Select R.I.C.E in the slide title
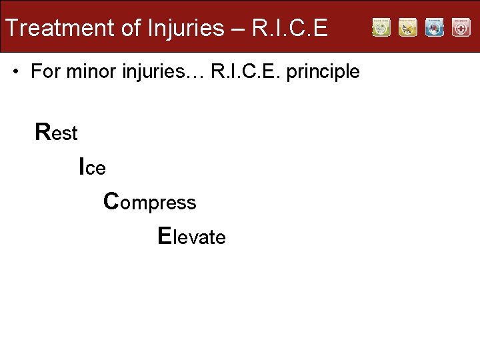point(290,28)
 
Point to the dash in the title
point(239,28)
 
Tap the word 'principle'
point(323,72)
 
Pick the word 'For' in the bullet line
point(45,71)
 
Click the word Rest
point(57,132)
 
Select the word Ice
point(92,167)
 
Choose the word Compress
point(150,201)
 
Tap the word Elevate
point(191,236)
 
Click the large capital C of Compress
point(111,200)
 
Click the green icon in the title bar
point(381,27)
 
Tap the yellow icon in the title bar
point(408,27)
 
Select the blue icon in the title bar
point(435,27)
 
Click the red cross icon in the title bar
point(461,27)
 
